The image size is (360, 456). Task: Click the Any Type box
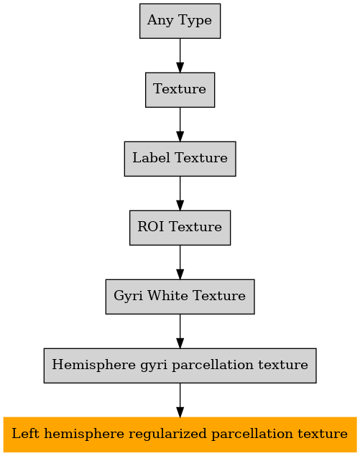point(180,21)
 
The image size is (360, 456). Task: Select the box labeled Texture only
point(180,90)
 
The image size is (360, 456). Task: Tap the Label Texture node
point(180,159)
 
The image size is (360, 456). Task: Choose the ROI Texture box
point(180,228)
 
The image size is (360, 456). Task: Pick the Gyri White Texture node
point(180,297)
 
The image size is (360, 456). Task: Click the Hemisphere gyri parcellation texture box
point(180,366)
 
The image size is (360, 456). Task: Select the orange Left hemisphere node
point(180,434)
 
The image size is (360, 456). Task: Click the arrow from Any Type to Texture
point(180,55)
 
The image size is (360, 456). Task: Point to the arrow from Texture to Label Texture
point(180,124)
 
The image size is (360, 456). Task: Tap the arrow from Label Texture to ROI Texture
point(180,193)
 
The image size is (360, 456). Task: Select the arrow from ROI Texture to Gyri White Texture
point(180,262)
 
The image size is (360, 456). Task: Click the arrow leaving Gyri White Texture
point(180,331)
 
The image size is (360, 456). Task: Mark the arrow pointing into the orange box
point(180,400)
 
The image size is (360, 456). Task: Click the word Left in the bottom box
point(25,434)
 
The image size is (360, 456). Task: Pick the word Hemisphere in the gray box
point(93,365)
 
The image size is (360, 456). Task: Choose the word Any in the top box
point(160,21)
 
